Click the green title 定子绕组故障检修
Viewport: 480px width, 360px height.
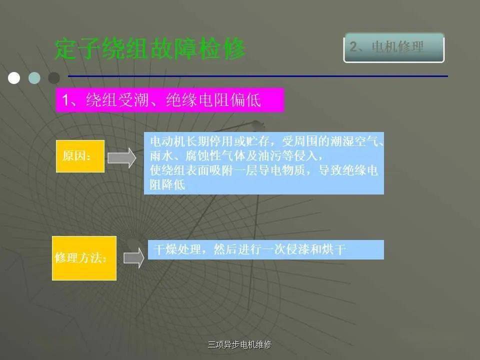pyautogui.click(x=150, y=48)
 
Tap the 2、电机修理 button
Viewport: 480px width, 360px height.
pyautogui.click(x=394, y=48)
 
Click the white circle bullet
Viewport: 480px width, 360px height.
pyautogui.click(x=14, y=78)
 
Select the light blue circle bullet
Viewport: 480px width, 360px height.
pyautogui.click(x=34, y=78)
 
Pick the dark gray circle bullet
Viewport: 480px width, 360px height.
pyautogui.click(x=54, y=78)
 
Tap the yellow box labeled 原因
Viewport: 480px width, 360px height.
pyautogui.click(x=80, y=156)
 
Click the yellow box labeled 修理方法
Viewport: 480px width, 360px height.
pyautogui.click(x=84, y=258)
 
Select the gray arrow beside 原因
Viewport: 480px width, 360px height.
pyautogui.click(x=122, y=158)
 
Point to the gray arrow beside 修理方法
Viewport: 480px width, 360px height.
pyautogui.click(x=134, y=258)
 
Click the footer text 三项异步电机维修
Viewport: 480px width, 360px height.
pyautogui.click(x=239, y=344)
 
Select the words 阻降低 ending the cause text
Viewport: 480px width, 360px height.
pyautogui.click(x=167, y=185)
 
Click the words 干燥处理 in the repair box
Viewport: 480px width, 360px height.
pyautogui.click(x=178, y=249)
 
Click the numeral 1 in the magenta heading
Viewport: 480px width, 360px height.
pyautogui.click(x=65, y=100)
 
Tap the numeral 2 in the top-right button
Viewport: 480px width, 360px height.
pyautogui.click(x=353, y=47)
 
